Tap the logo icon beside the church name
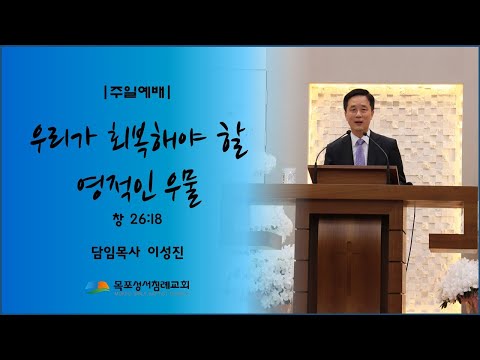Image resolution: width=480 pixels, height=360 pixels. click(x=96, y=287)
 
